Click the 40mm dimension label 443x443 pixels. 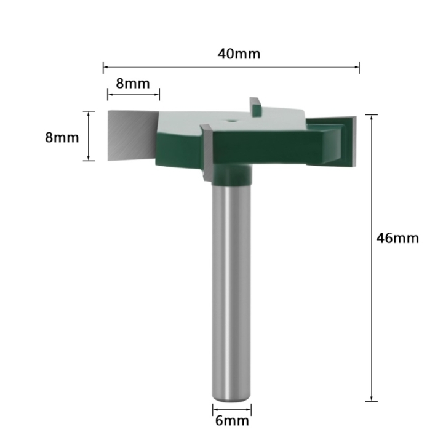point(239,54)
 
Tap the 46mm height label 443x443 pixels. point(397,238)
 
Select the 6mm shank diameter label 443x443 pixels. point(232,421)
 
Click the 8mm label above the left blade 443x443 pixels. point(133,84)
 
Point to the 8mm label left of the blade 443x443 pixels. point(62,138)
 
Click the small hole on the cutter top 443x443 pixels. point(232,120)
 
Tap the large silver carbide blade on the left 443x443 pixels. point(132,135)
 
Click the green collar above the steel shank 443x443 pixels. point(232,174)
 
